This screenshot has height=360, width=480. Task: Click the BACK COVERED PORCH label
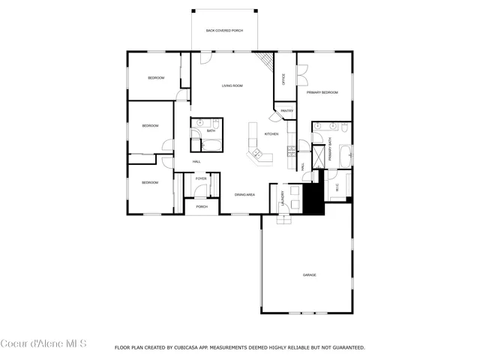tap(226, 31)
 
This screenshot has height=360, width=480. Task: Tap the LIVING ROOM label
tap(232, 86)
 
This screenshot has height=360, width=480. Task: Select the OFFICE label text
tap(283, 79)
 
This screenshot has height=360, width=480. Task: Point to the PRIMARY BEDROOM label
tap(322, 92)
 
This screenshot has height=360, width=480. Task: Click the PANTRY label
tap(286, 111)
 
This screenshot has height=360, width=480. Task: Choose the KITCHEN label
tap(271, 134)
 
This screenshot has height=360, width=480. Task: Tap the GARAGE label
tap(309, 275)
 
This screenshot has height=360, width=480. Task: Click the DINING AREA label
tap(245, 194)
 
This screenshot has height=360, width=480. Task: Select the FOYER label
tap(201, 178)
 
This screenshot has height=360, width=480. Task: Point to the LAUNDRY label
tap(283, 196)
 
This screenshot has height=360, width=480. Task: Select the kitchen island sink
tap(257, 155)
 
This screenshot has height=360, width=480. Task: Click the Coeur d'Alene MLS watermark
tap(43, 344)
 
